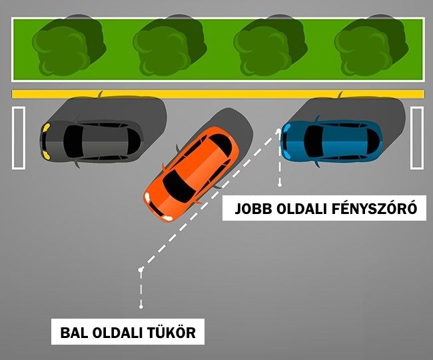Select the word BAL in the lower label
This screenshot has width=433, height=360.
click(x=73, y=332)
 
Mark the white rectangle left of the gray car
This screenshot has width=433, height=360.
click(x=18, y=137)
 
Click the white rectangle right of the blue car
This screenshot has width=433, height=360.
click(x=417, y=137)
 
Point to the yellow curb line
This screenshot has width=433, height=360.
click(x=217, y=94)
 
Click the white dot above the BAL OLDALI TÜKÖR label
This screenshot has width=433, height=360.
click(x=141, y=306)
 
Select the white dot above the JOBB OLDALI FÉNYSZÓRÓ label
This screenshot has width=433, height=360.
click(x=280, y=182)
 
